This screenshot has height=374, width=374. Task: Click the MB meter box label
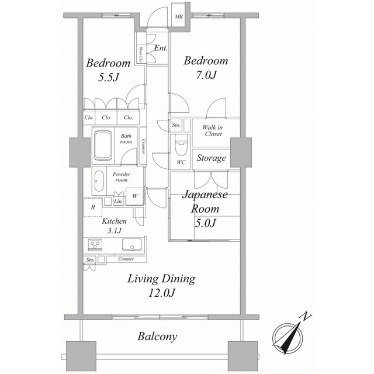point(178,16)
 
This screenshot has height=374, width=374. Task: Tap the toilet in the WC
point(181,145)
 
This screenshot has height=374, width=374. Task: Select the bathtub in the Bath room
point(103,146)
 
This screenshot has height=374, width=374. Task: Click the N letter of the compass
point(305,316)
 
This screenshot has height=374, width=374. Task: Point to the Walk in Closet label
point(213,131)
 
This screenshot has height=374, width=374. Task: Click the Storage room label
point(211,158)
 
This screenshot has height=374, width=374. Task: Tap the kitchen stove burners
point(95,244)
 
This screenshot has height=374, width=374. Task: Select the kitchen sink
point(131,244)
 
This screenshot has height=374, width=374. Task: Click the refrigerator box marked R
point(93,207)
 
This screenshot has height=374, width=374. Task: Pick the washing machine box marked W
point(135,196)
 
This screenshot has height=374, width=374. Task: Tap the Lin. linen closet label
point(119,202)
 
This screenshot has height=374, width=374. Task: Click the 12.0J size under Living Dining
point(162,293)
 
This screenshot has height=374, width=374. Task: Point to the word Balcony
point(157,337)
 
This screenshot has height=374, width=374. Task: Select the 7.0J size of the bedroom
point(206,75)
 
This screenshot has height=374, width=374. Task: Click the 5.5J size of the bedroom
point(109,77)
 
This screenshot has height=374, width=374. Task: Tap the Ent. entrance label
point(161,48)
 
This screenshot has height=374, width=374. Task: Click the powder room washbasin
point(99,181)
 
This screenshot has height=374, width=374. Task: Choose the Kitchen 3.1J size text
point(115,231)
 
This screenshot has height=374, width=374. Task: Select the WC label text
point(181,162)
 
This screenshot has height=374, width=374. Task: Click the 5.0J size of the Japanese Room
point(206,223)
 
